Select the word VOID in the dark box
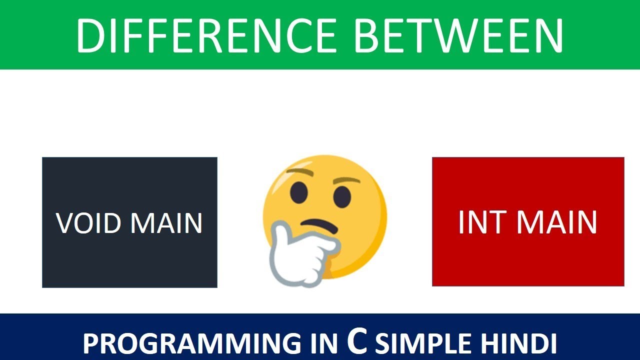click(x=87, y=223)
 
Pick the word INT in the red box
click(x=480, y=222)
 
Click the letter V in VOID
click(x=63, y=223)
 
